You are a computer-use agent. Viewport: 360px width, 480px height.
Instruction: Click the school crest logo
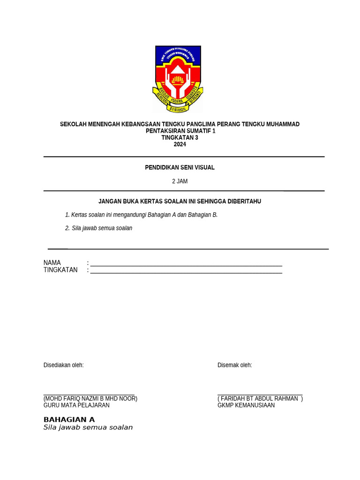tap(178, 79)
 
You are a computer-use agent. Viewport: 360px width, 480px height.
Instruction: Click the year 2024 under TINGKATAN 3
tap(180, 144)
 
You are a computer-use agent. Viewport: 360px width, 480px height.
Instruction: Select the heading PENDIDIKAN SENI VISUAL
tap(180, 168)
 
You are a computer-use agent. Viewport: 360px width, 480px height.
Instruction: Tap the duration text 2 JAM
tap(180, 181)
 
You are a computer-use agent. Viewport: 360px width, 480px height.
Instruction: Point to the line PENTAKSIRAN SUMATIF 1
tap(180, 131)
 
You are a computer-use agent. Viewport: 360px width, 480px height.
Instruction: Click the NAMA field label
tap(52, 263)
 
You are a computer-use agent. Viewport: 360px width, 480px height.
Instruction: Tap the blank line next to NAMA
tap(186, 264)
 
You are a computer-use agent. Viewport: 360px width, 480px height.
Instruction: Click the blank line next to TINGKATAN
tap(186, 271)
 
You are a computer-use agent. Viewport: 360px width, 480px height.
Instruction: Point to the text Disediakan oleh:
tap(63, 365)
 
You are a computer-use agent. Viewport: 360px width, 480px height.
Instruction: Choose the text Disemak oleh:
tap(234, 365)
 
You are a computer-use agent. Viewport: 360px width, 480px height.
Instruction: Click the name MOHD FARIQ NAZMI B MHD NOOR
tap(90, 399)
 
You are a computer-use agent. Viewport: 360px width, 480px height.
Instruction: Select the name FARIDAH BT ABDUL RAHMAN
tap(259, 399)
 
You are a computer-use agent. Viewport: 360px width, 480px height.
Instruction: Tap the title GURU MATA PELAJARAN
tap(76, 405)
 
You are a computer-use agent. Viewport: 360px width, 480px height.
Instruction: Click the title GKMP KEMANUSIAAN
tap(246, 405)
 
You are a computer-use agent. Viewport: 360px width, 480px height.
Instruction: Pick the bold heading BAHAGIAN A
tap(69, 420)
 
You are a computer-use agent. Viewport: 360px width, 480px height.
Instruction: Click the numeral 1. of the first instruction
tap(67, 215)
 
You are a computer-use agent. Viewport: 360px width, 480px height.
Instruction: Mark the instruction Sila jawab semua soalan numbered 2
tap(102, 228)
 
